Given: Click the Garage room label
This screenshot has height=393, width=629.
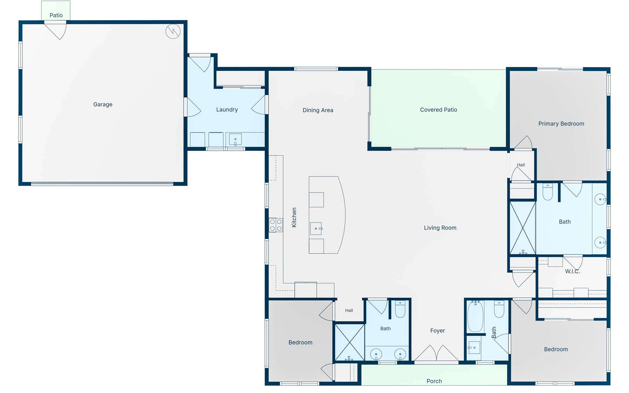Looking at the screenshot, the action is point(103,104).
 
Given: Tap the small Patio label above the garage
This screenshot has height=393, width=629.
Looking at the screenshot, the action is point(56,15).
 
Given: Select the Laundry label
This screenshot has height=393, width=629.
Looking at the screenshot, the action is point(227,110).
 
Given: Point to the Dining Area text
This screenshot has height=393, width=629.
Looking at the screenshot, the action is point(318,110).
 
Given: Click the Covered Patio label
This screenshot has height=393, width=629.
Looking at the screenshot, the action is point(438,110).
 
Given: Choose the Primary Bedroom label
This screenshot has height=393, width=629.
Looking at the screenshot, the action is point(561,124).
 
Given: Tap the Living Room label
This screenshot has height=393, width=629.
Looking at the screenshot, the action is point(440,228).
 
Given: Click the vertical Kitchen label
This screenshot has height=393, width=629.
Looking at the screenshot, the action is point(294,217).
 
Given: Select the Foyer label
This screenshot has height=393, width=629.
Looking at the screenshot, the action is point(438,330).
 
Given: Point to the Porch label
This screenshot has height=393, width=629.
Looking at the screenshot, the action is point(434,381).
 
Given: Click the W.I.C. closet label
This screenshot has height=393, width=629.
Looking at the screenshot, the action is point(572,271).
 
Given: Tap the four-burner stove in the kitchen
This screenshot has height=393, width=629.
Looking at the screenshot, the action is point(276,225).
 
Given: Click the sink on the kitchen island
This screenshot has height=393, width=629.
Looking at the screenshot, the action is point(316,228).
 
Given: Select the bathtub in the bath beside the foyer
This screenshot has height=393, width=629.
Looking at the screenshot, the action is point(475,316).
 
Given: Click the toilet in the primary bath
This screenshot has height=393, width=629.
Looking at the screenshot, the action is point(548,192).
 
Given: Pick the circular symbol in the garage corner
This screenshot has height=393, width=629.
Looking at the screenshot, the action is point(173,31).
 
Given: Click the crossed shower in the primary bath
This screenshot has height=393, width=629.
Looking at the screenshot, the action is point(523,228).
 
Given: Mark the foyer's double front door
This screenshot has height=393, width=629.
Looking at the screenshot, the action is point(436,353).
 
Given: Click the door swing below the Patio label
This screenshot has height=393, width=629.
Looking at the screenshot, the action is point(56,30).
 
